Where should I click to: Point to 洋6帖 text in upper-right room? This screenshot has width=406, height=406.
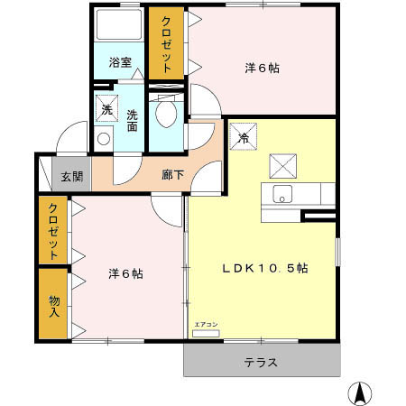(261, 67)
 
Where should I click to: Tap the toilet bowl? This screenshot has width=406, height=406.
(164, 112)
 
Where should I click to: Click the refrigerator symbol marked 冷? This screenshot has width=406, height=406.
(245, 139)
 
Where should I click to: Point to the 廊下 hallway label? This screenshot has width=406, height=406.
(173, 174)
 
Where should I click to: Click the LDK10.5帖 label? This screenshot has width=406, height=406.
(265, 269)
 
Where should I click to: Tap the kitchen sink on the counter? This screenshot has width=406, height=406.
(281, 194)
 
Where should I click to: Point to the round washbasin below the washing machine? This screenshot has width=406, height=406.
(103, 139)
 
